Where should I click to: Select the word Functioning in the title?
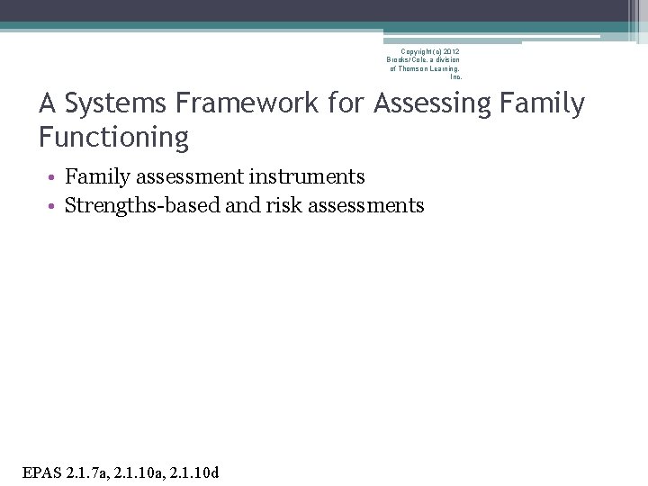[113, 138]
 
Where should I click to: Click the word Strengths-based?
[143, 205]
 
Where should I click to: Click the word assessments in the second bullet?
[366, 205]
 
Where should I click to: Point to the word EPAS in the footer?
[40, 471]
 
